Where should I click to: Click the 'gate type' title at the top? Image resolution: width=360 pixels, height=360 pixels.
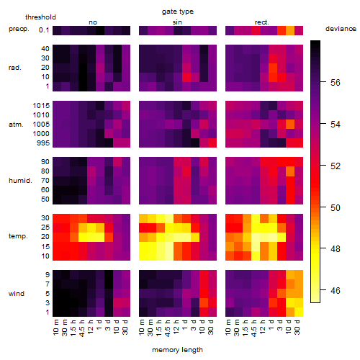178,12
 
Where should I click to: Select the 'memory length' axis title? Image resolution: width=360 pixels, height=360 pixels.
177,350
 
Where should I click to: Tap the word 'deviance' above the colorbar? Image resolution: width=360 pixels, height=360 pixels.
341,29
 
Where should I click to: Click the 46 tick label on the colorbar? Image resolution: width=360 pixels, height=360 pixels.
336,291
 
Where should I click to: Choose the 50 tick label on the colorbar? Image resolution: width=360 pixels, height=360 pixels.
336,207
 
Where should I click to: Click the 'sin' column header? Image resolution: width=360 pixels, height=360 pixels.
177,22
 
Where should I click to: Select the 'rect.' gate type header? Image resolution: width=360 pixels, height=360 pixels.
262,22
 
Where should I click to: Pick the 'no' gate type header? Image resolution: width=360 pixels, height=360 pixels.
93,22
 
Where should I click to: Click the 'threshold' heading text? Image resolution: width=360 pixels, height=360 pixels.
40,17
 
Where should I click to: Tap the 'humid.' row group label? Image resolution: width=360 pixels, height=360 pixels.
20,181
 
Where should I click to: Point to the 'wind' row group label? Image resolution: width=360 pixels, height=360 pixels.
17,294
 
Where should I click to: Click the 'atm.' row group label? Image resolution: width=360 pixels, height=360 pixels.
16,125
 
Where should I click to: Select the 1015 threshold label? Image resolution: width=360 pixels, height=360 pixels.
41,106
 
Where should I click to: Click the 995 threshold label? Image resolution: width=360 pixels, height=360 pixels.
43,143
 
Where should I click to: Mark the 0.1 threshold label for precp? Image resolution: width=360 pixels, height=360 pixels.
44,30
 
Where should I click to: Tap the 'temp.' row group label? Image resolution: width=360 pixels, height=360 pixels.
18,236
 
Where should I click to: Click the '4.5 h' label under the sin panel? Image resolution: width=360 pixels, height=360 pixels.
167,328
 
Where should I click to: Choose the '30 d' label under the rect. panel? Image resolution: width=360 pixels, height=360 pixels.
297,327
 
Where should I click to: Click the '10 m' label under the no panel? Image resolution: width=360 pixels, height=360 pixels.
55,328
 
